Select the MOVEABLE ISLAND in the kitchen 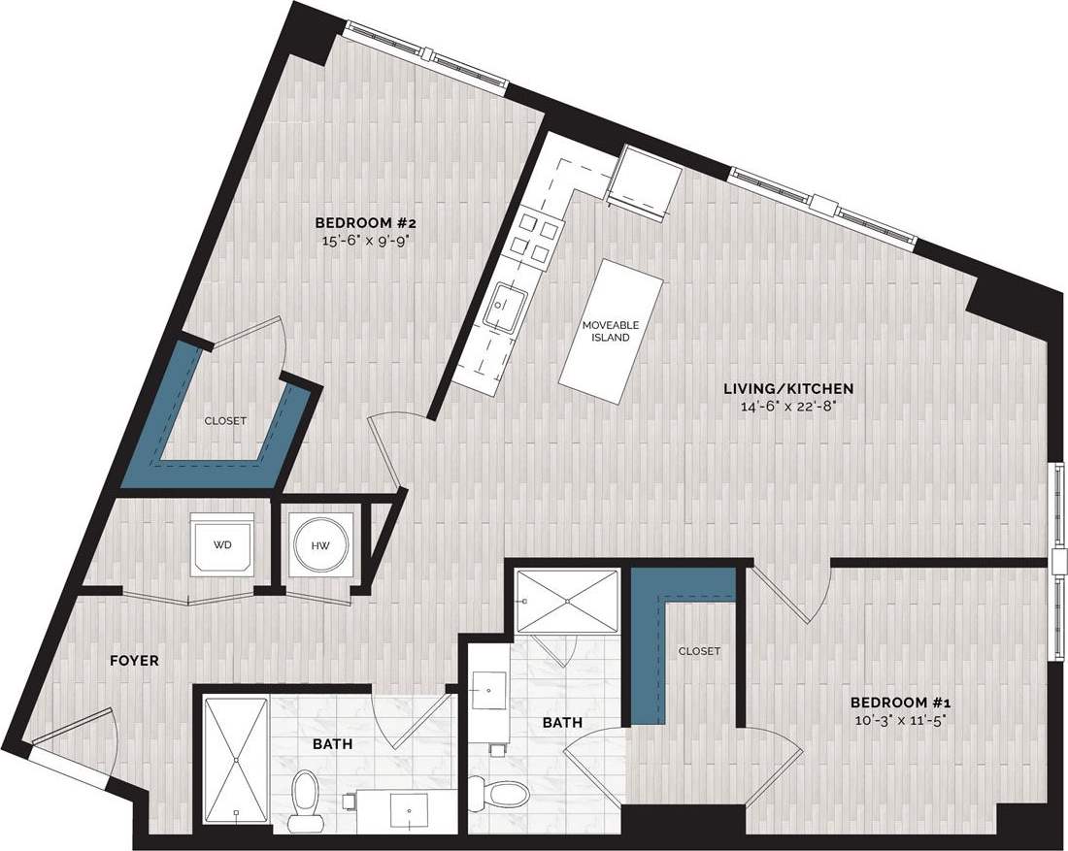(613, 330)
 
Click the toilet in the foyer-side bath (305, 798)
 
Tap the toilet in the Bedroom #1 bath (508, 794)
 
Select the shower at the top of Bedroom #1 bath (567, 602)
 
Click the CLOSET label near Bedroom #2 (225, 421)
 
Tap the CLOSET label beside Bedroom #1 (699, 651)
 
